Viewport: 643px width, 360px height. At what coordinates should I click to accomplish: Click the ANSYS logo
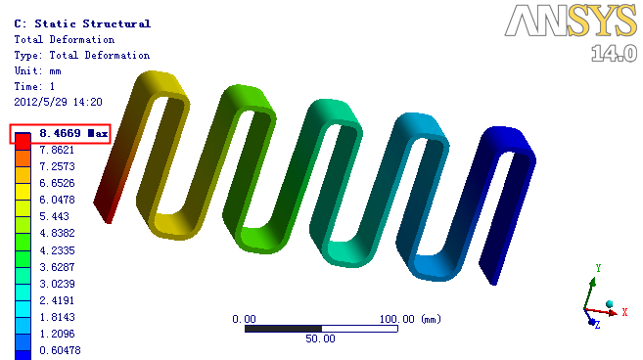click(x=571, y=21)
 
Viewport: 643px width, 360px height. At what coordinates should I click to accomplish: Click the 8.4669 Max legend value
click(x=73, y=133)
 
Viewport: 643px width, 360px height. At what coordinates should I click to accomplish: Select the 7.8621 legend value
click(x=57, y=150)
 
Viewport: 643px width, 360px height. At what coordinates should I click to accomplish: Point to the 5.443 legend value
click(x=54, y=216)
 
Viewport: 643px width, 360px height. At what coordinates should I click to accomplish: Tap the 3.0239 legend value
click(x=57, y=284)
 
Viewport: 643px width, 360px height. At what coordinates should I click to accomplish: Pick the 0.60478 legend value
click(x=60, y=350)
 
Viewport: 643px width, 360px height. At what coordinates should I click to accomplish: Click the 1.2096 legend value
click(x=57, y=334)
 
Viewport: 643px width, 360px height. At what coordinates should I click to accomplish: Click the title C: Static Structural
click(x=82, y=23)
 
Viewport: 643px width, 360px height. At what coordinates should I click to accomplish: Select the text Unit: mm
click(x=38, y=71)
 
